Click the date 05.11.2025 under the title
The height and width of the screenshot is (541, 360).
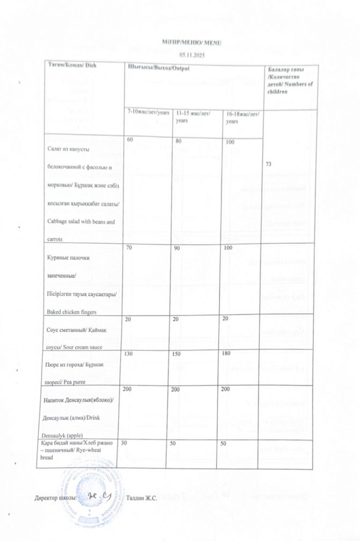tap(192, 55)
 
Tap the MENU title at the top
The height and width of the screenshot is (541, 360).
tap(192, 42)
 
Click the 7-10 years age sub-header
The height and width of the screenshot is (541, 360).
tap(148, 113)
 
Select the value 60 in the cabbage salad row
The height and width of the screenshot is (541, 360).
tap(130, 140)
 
